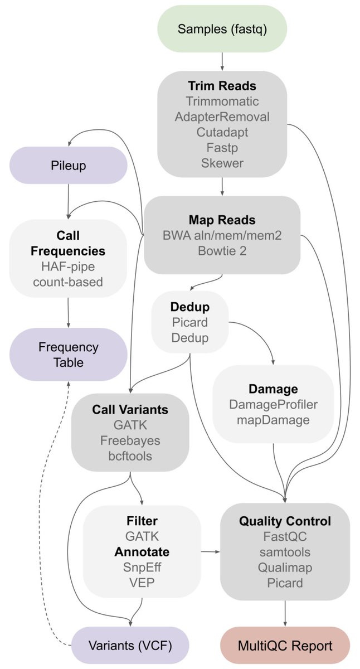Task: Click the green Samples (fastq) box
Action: [222, 29]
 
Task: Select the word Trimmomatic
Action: [222, 102]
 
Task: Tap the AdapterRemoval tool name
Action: [222, 118]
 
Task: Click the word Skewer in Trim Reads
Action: [222, 163]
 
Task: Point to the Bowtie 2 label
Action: [222, 250]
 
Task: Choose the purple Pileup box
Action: [69, 166]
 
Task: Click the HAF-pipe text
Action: [68, 266]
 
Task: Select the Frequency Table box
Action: [69, 355]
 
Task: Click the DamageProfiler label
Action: [273, 404]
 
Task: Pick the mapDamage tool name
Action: [273, 420]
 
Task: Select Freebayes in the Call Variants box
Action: [130, 440]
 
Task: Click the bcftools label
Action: [130, 456]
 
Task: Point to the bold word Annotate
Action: [142, 552]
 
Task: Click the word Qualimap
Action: [285, 568]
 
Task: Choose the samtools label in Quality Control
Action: [285, 552]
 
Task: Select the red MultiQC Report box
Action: [285, 646]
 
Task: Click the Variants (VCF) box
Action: [130, 646]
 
